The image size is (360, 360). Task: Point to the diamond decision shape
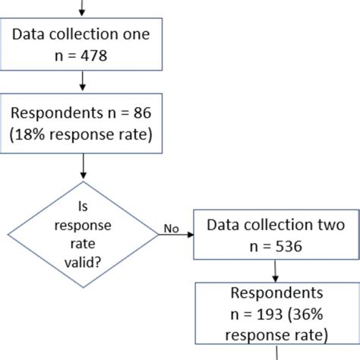click(83, 235)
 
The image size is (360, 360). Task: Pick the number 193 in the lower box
click(261, 314)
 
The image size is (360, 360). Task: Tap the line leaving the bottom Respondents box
click(275, 353)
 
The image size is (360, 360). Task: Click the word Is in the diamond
click(83, 205)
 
